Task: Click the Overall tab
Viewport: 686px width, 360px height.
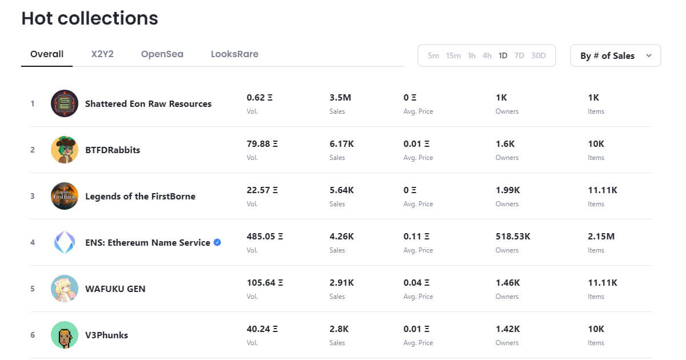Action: pyautogui.click(x=47, y=54)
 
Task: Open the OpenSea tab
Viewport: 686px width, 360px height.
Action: pyautogui.click(x=162, y=54)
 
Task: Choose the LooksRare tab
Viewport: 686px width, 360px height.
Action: pyautogui.click(x=234, y=54)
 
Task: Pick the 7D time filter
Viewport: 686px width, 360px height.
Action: pyautogui.click(x=519, y=56)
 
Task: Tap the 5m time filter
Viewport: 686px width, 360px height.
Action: pyautogui.click(x=433, y=56)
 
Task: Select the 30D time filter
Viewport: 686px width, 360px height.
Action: pyautogui.click(x=539, y=56)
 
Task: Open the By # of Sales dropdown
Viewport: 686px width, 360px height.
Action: pyautogui.click(x=616, y=56)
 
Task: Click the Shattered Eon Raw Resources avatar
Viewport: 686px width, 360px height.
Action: pyautogui.click(x=64, y=103)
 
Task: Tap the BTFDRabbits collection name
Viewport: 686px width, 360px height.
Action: pyautogui.click(x=113, y=150)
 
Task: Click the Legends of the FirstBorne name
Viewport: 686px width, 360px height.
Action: pyautogui.click(x=140, y=196)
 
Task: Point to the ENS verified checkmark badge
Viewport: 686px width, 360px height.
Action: pyautogui.click(x=217, y=242)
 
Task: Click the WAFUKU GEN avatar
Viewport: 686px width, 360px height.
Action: pyautogui.click(x=64, y=289)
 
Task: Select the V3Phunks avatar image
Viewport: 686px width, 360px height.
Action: pyautogui.click(x=64, y=335)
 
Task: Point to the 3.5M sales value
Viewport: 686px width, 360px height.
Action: pyautogui.click(x=340, y=98)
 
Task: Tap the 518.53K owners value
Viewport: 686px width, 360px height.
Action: pyautogui.click(x=513, y=237)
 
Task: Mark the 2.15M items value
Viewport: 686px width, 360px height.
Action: pyautogui.click(x=601, y=237)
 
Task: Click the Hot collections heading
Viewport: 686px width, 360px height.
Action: pyautogui.click(x=90, y=18)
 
